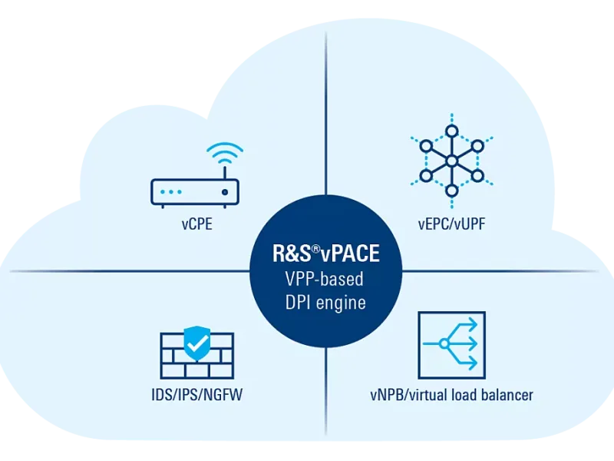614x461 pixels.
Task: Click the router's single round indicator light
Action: (224, 191)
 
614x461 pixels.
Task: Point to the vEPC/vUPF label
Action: (451, 225)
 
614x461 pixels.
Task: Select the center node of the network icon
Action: (452, 161)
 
